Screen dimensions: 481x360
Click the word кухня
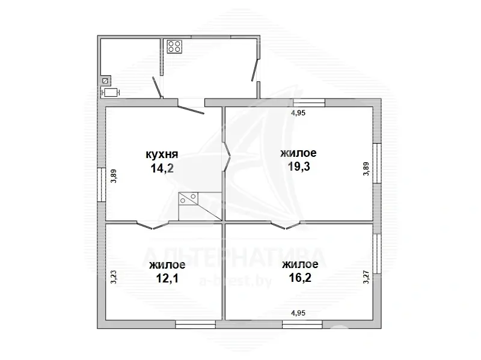point(162,154)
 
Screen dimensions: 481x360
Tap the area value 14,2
point(162,168)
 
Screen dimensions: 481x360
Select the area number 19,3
point(299,166)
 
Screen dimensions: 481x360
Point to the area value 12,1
point(167,278)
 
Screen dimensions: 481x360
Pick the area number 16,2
point(300,278)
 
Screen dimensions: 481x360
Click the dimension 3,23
point(114,276)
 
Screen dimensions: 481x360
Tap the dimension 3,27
point(366,276)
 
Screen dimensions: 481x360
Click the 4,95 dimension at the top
point(298,113)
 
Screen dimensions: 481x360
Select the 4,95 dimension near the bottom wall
point(298,313)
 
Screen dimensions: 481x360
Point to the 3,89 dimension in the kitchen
point(114,176)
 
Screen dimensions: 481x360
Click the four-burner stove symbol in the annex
point(174,47)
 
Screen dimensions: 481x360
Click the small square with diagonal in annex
point(105,81)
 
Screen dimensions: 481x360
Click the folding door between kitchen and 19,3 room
point(227,156)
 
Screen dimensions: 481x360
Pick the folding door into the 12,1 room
point(152,225)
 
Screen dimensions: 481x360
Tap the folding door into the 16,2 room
point(285,225)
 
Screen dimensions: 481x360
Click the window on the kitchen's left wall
point(102,185)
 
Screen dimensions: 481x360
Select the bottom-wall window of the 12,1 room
point(195,325)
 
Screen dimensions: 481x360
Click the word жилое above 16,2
point(300,264)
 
